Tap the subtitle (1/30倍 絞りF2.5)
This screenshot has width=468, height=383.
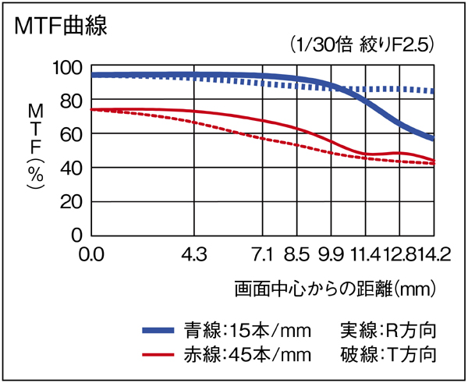point(361,44)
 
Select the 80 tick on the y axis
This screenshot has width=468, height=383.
point(71,101)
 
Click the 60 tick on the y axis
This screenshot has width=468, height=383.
point(71,134)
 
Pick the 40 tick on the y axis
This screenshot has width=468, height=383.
point(71,168)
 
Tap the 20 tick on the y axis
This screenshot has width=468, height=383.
point(71,201)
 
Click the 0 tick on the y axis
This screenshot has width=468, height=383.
point(76,234)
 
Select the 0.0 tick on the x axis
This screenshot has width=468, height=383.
point(92,254)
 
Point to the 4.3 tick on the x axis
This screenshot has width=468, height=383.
point(193,254)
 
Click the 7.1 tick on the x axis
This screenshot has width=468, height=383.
point(264,254)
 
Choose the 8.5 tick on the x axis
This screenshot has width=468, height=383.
point(297,254)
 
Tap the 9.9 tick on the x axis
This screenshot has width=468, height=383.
point(331,254)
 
